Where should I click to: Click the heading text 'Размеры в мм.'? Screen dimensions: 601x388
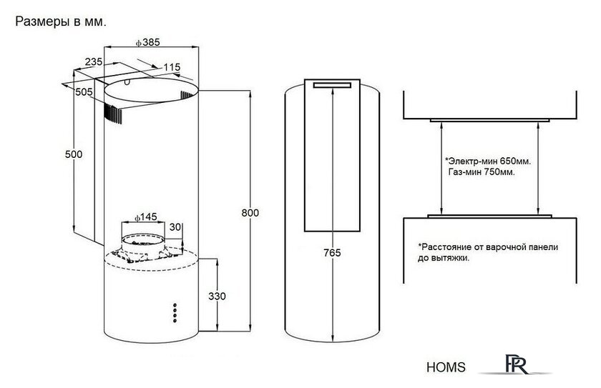coord(61,22)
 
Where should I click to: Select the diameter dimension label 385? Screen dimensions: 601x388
coord(147,42)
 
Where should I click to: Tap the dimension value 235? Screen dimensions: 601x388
coord(94,61)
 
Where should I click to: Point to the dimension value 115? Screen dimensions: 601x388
coord(172,67)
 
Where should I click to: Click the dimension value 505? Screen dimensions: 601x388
coord(84,92)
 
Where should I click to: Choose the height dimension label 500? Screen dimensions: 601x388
coord(74,154)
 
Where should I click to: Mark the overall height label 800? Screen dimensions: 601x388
coord(250,213)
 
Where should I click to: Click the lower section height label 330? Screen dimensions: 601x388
coord(217,296)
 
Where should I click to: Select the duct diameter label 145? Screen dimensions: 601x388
coord(146,217)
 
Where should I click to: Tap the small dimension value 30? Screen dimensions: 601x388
coord(175,227)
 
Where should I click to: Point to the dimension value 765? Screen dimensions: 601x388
coord(332,253)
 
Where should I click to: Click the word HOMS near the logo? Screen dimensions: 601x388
coord(446,367)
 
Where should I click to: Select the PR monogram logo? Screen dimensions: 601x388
coord(516,364)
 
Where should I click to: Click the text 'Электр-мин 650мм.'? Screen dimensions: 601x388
coord(488,161)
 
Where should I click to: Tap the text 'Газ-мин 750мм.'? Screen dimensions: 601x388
coord(482,172)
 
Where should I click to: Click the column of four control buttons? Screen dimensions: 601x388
coord(175,313)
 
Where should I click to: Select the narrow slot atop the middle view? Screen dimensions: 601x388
coord(332,85)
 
